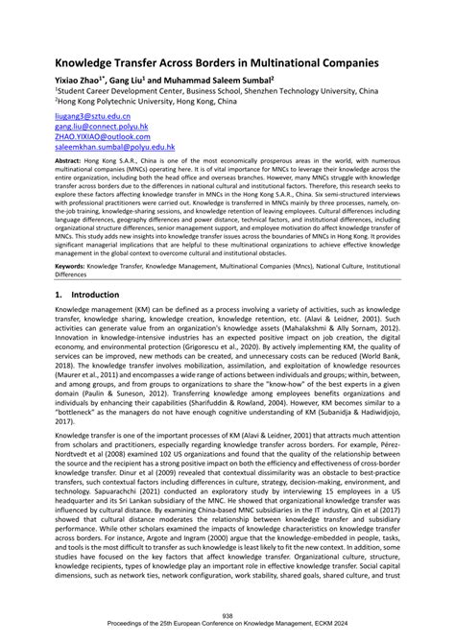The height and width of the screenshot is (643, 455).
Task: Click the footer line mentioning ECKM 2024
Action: (227, 626)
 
